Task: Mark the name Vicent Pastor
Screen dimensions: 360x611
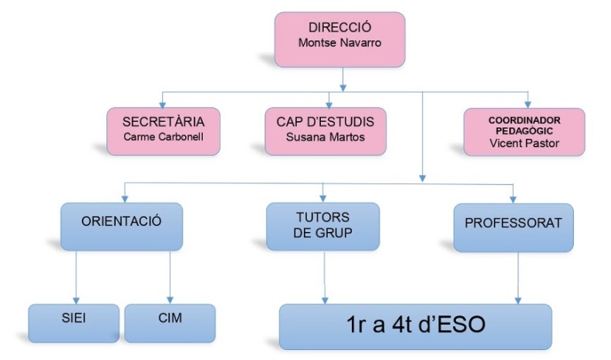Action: tap(525, 143)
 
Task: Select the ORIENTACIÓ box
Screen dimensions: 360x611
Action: tap(121, 227)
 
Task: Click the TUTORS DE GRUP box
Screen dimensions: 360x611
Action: tap(322, 227)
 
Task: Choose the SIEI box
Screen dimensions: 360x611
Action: tap(74, 322)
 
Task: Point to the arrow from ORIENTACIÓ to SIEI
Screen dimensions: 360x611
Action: tap(76, 278)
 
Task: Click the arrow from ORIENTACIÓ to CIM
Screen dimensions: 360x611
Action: tap(169, 278)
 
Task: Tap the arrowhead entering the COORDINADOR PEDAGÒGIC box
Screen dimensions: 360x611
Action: tap(528, 103)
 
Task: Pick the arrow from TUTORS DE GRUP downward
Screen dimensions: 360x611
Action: tap(324, 278)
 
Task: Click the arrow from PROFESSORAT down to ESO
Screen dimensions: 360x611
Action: tap(516, 278)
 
